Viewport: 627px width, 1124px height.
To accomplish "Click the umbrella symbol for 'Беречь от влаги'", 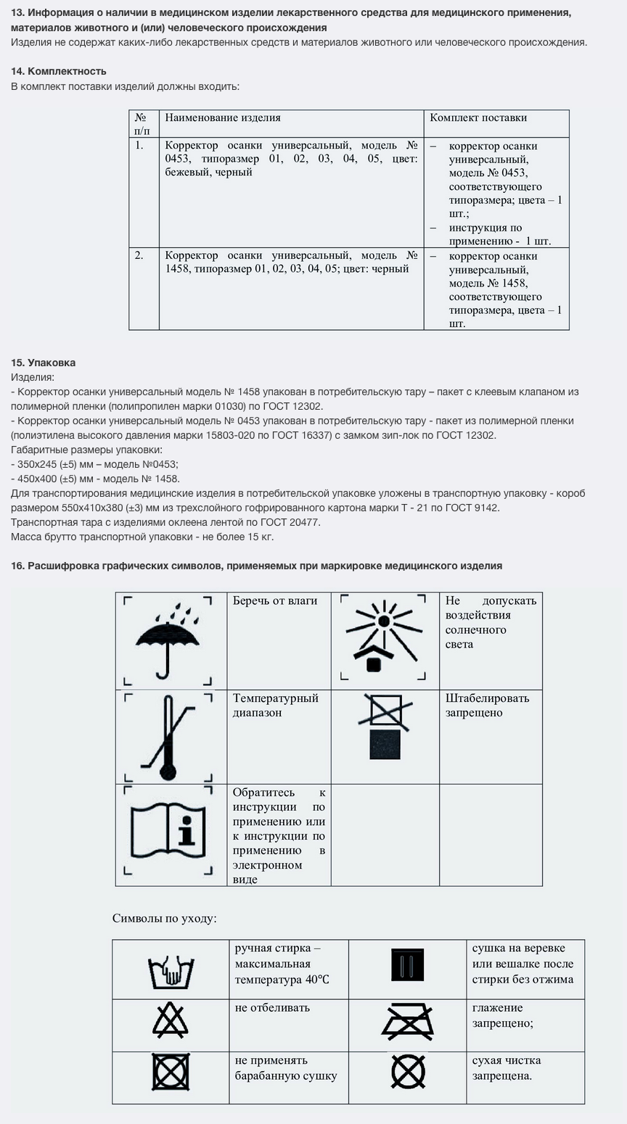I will point(168,641).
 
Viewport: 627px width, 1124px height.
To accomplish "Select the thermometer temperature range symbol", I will point(168,737).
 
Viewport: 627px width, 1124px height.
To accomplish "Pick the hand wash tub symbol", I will point(171,970).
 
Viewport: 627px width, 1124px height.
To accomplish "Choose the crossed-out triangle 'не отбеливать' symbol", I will point(171,1020).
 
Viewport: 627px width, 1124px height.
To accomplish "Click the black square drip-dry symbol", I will point(407,965).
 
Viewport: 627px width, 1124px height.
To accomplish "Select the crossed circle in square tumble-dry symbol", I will point(171,1072).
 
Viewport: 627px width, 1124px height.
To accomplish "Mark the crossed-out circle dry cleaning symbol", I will point(408,1070).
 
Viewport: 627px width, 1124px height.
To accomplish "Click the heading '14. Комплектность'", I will point(59,71).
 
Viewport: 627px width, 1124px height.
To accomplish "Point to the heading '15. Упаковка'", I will point(44,363).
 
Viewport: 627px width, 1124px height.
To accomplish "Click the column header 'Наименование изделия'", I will point(223,117).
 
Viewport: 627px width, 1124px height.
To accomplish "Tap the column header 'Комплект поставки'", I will point(478,117).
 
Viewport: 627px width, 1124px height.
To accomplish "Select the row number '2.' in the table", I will point(139,255).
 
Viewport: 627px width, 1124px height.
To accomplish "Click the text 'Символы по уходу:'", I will point(165,918).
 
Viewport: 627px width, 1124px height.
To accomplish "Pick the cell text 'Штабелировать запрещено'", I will point(487,705).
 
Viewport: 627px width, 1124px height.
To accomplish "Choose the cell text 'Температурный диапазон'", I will point(276,705).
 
